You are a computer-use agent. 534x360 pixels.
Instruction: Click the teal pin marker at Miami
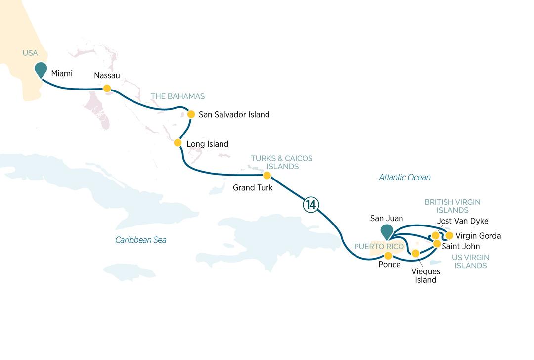pyautogui.click(x=41, y=70)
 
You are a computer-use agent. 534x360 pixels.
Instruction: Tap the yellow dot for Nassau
pyautogui.click(x=106, y=89)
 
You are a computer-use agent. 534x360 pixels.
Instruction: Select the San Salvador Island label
pyautogui.click(x=234, y=114)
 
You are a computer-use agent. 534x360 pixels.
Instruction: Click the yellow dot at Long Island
pyautogui.click(x=178, y=143)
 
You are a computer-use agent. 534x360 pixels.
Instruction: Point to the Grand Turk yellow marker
pyautogui.click(x=267, y=176)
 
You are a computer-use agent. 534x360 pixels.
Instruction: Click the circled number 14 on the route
pyautogui.click(x=311, y=205)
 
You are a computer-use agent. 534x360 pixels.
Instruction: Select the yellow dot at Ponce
pyautogui.click(x=388, y=256)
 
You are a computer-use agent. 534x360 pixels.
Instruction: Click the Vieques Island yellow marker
pyautogui.click(x=416, y=254)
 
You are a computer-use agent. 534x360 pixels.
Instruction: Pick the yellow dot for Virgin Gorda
pyautogui.click(x=449, y=235)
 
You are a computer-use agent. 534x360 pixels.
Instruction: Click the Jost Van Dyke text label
pyautogui.click(x=463, y=221)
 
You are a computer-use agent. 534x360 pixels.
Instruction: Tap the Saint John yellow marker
pyautogui.click(x=437, y=244)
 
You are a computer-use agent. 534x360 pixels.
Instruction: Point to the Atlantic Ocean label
pyautogui.click(x=404, y=177)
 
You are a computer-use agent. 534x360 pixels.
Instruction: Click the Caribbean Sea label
pyautogui.click(x=141, y=240)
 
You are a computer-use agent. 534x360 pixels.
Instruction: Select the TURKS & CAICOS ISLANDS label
pyautogui.click(x=281, y=162)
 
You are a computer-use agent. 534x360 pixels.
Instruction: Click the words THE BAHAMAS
pyautogui.click(x=178, y=96)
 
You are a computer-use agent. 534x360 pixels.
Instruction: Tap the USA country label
pyautogui.click(x=30, y=53)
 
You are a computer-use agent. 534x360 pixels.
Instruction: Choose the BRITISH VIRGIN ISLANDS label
pyautogui.click(x=452, y=206)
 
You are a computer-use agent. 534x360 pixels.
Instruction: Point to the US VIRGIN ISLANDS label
pyautogui.click(x=470, y=262)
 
